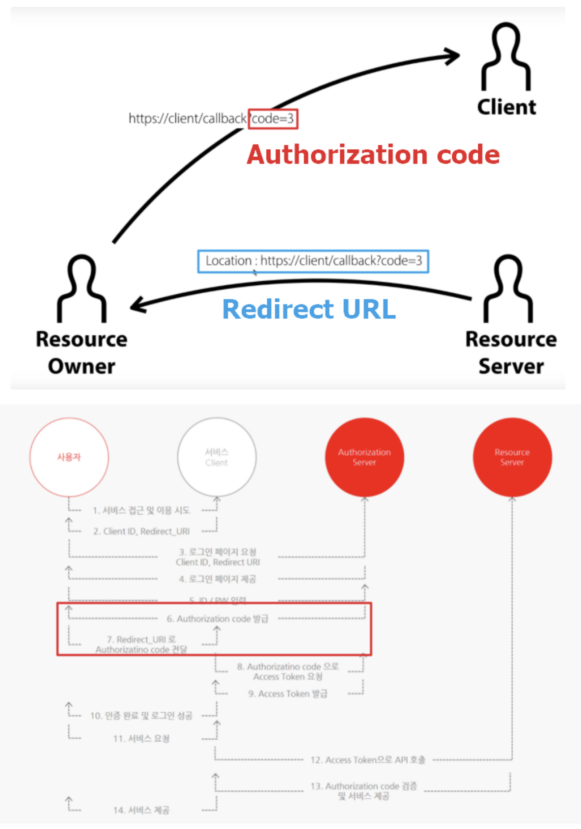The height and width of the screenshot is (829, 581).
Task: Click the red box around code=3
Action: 273,119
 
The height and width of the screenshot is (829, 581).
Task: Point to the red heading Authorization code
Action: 373,154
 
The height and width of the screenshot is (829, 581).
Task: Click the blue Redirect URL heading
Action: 309,309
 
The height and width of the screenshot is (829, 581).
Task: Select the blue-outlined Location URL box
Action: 313,261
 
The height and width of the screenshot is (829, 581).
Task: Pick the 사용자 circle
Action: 69,457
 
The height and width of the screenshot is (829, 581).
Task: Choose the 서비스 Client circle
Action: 216,457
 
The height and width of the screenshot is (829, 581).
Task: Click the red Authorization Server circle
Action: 364,457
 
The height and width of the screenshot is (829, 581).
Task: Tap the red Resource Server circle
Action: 512,457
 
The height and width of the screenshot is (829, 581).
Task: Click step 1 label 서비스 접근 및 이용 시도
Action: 141,510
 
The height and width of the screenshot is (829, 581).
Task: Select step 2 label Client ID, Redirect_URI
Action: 141,531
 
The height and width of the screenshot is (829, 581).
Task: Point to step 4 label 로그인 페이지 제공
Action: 218,579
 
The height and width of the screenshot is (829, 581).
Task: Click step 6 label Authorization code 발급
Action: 218,618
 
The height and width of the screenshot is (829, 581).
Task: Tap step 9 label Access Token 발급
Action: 288,693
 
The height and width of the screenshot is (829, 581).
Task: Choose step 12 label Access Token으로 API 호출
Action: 368,760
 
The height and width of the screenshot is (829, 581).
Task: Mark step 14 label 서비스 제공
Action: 141,810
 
